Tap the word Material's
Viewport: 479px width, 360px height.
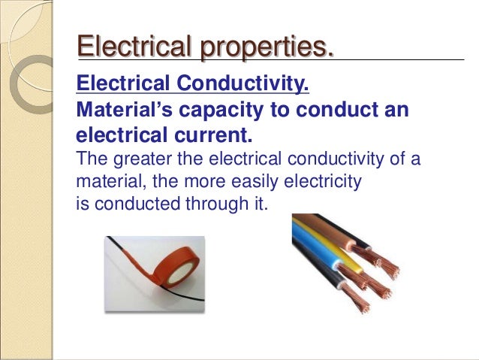125,110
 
